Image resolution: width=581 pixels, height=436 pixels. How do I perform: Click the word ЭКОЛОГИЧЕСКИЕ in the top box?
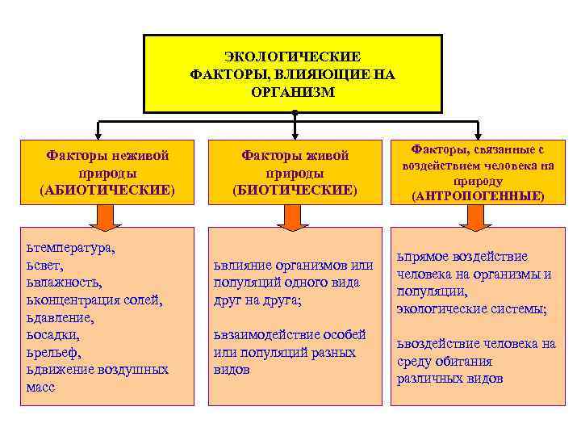(292, 57)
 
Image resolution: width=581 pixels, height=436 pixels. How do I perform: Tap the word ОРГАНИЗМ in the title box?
(292, 91)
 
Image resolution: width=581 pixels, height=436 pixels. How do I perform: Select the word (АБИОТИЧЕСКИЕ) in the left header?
(107, 190)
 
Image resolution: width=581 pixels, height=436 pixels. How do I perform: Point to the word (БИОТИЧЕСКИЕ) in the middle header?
(295, 190)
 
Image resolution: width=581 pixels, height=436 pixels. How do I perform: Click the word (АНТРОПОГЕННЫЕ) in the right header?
(478, 196)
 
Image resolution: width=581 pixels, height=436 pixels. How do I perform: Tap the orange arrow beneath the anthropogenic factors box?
(478, 215)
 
